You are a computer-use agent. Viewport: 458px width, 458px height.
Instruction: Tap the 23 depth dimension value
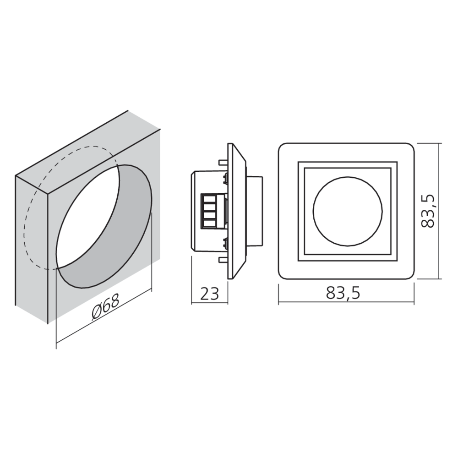pyautogui.click(x=209, y=294)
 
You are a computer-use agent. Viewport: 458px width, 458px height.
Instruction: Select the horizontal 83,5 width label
pyautogui.click(x=343, y=293)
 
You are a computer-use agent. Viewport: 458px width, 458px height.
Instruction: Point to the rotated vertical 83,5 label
pyautogui.click(x=428, y=211)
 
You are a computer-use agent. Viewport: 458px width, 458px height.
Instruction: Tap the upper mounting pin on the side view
pyautogui.click(x=223, y=162)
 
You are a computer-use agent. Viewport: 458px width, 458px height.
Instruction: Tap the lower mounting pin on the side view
pyautogui.click(x=223, y=259)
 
